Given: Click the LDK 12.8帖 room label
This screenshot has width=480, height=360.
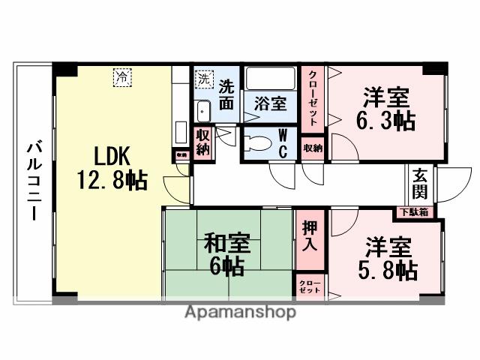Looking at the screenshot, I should click(x=111, y=168).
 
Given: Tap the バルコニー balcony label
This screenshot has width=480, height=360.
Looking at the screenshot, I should click(x=33, y=180).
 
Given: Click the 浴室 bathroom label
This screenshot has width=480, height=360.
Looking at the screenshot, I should click(x=270, y=104).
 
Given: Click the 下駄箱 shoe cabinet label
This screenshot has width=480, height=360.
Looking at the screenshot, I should click(x=413, y=212).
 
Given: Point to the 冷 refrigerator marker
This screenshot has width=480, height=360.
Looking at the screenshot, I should click(x=121, y=75).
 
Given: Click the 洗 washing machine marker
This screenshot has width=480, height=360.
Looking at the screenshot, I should click(x=204, y=77).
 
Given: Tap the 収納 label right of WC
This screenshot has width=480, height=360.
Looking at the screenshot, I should click(x=313, y=148).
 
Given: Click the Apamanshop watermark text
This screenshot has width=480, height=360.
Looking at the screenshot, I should click(x=240, y=312).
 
